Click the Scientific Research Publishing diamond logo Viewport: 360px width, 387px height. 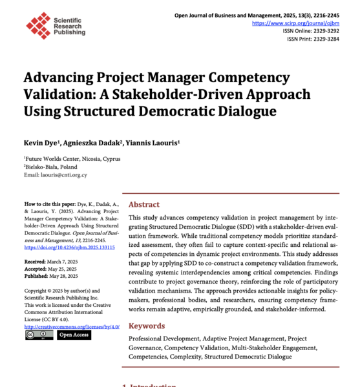38,24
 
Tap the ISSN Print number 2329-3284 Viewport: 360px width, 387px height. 326,38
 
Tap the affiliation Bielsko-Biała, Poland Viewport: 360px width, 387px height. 53,166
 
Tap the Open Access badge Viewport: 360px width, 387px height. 74,335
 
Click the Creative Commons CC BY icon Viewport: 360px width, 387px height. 39,335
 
